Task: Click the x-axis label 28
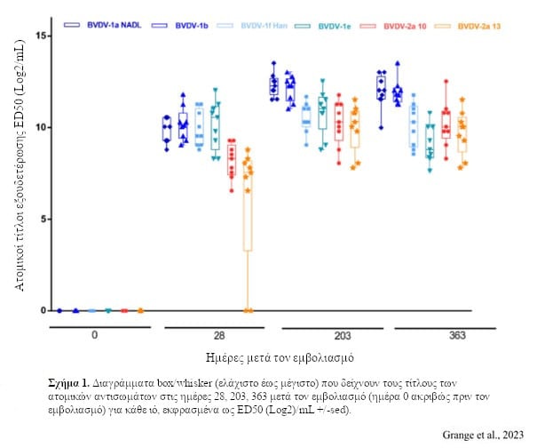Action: click(219, 336)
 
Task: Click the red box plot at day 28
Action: click(231, 156)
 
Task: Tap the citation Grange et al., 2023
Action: click(478, 434)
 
